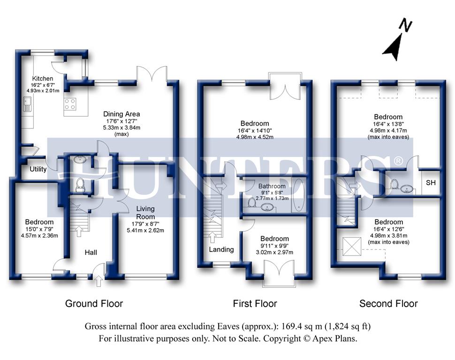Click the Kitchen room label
[42, 78]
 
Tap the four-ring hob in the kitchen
[70, 105]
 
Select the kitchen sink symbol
[28, 105]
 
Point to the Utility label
[38, 169]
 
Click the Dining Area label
[121, 114]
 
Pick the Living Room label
[145, 213]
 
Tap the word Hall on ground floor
[91, 253]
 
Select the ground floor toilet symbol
[79, 185]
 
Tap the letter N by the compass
[406, 25]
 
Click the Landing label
[221, 249]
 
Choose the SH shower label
[431, 183]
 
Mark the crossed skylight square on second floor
[352, 246]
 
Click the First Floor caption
[255, 304]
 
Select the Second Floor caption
[388, 304]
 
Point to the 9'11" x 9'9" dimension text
[274, 246]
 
